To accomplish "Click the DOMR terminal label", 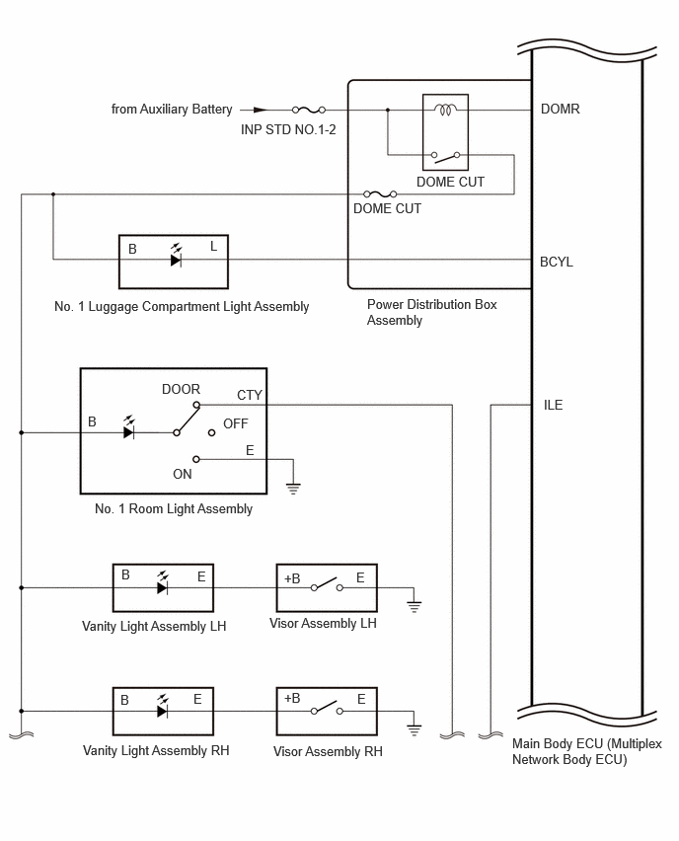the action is coord(560,109).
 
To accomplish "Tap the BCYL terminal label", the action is coord(557,262).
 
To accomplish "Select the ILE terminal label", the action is coord(553,405).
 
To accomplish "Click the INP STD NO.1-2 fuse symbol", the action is coord(308,110).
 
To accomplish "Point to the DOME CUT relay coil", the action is coord(445,110).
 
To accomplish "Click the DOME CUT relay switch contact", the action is coord(445,156).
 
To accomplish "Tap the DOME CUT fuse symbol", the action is coord(380,193).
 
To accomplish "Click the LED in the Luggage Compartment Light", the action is coord(176,257).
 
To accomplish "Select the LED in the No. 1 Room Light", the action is coord(128,427).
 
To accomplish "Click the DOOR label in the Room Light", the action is coord(181,389).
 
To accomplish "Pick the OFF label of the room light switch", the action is coord(236,423).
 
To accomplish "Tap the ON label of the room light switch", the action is coord(183,474).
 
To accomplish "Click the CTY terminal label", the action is coord(250,395).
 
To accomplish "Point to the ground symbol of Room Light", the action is coord(293,488).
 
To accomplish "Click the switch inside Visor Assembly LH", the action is coord(327,585).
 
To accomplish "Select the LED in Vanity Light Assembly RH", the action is coord(163,707).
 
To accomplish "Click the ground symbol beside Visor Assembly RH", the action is coord(414,729).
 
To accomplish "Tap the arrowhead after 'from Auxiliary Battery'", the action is coord(261,110).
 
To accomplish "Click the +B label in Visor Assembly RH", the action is coord(292,698).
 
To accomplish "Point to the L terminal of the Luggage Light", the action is coord(213,246).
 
